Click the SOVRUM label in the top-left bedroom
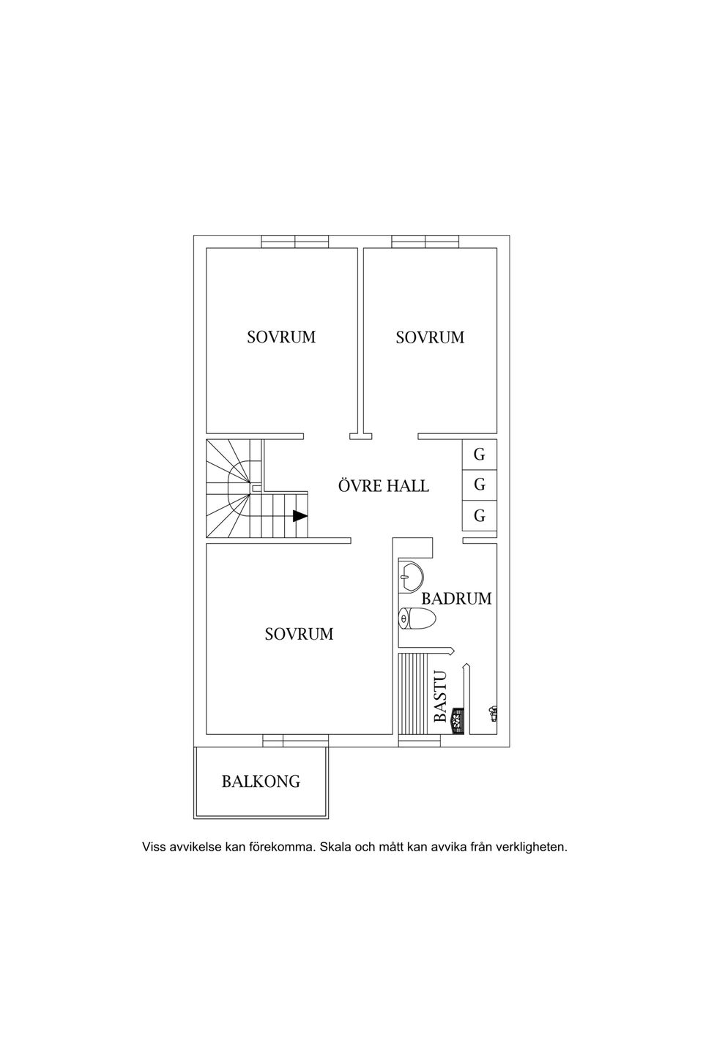tap(281, 337)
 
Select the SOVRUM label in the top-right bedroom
tap(430, 337)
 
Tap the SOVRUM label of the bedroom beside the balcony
tap(299, 634)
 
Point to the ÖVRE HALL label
tap(383, 486)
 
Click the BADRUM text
tap(456, 599)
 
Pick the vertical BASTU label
tap(439, 697)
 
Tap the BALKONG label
tap(261, 782)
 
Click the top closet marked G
tap(480, 455)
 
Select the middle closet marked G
tap(480, 485)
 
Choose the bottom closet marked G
tap(480, 516)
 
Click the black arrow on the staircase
tap(300, 516)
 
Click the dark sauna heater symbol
tap(457, 720)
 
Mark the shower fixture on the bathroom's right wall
tap(494, 712)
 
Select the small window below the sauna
tap(420, 741)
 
